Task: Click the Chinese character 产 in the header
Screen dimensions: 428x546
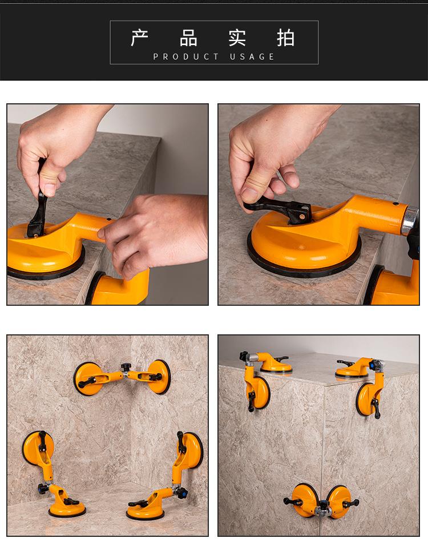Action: (x=140, y=38)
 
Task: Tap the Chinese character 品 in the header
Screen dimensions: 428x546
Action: (x=188, y=38)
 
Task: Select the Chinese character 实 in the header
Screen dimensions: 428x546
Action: (x=237, y=38)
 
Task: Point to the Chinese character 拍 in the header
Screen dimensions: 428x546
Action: (x=286, y=38)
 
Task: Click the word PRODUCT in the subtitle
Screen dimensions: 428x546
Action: (x=186, y=56)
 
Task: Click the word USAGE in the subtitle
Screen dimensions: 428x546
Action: (x=252, y=56)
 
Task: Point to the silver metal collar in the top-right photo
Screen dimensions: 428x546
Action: (x=410, y=221)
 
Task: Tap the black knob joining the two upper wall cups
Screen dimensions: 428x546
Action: (x=126, y=367)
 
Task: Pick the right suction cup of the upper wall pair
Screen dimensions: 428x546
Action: (x=159, y=377)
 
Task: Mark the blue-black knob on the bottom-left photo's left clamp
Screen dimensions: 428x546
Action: (x=43, y=488)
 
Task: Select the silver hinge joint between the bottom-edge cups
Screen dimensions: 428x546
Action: (x=323, y=511)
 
